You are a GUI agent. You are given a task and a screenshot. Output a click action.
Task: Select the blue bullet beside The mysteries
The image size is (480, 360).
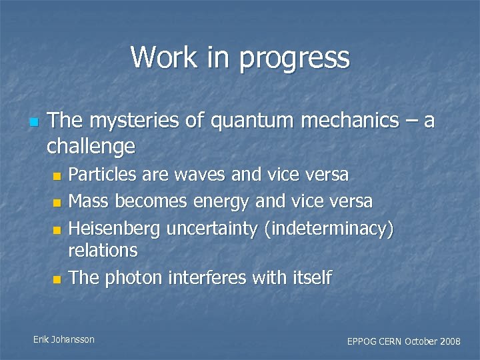tap(33, 123)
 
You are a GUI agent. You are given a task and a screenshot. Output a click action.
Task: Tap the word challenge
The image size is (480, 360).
tap(91, 146)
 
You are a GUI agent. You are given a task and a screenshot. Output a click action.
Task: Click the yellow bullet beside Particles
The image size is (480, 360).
tap(57, 177)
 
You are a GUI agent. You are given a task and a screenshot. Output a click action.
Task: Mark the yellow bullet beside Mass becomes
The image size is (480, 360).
tap(57, 202)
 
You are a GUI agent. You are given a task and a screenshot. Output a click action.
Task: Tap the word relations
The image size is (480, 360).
tap(103, 251)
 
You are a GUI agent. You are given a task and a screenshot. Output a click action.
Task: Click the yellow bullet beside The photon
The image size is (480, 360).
tap(57, 279)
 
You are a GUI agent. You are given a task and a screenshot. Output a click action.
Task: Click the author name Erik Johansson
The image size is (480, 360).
tap(64, 339)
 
